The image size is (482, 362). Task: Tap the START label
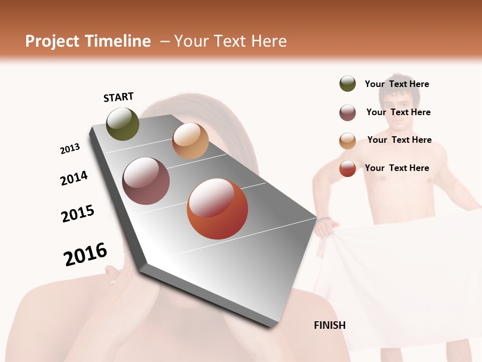point(118,97)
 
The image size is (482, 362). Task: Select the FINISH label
point(330,325)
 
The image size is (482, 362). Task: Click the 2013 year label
point(70,149)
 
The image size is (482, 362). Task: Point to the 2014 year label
point(74,178)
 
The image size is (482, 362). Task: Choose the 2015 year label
point(78,214)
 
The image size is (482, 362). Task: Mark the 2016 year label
point(85,254)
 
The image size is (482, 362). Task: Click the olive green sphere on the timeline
point(123,124)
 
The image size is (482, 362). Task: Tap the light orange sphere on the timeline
point(190,141)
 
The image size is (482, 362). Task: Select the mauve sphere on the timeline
point(146,181)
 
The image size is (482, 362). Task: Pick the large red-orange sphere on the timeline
point(217,209)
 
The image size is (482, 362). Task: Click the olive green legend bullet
point(347,83)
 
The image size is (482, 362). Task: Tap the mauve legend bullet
point(347,113)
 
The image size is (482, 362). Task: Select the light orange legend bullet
point(347,141)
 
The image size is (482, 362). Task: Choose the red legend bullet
point(347,168)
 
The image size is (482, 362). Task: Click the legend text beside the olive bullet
point(397,84)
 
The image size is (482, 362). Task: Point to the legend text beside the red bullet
point(397,168)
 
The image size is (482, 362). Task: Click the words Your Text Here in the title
point(230,41)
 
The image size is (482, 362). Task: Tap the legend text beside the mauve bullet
point(399,112)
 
